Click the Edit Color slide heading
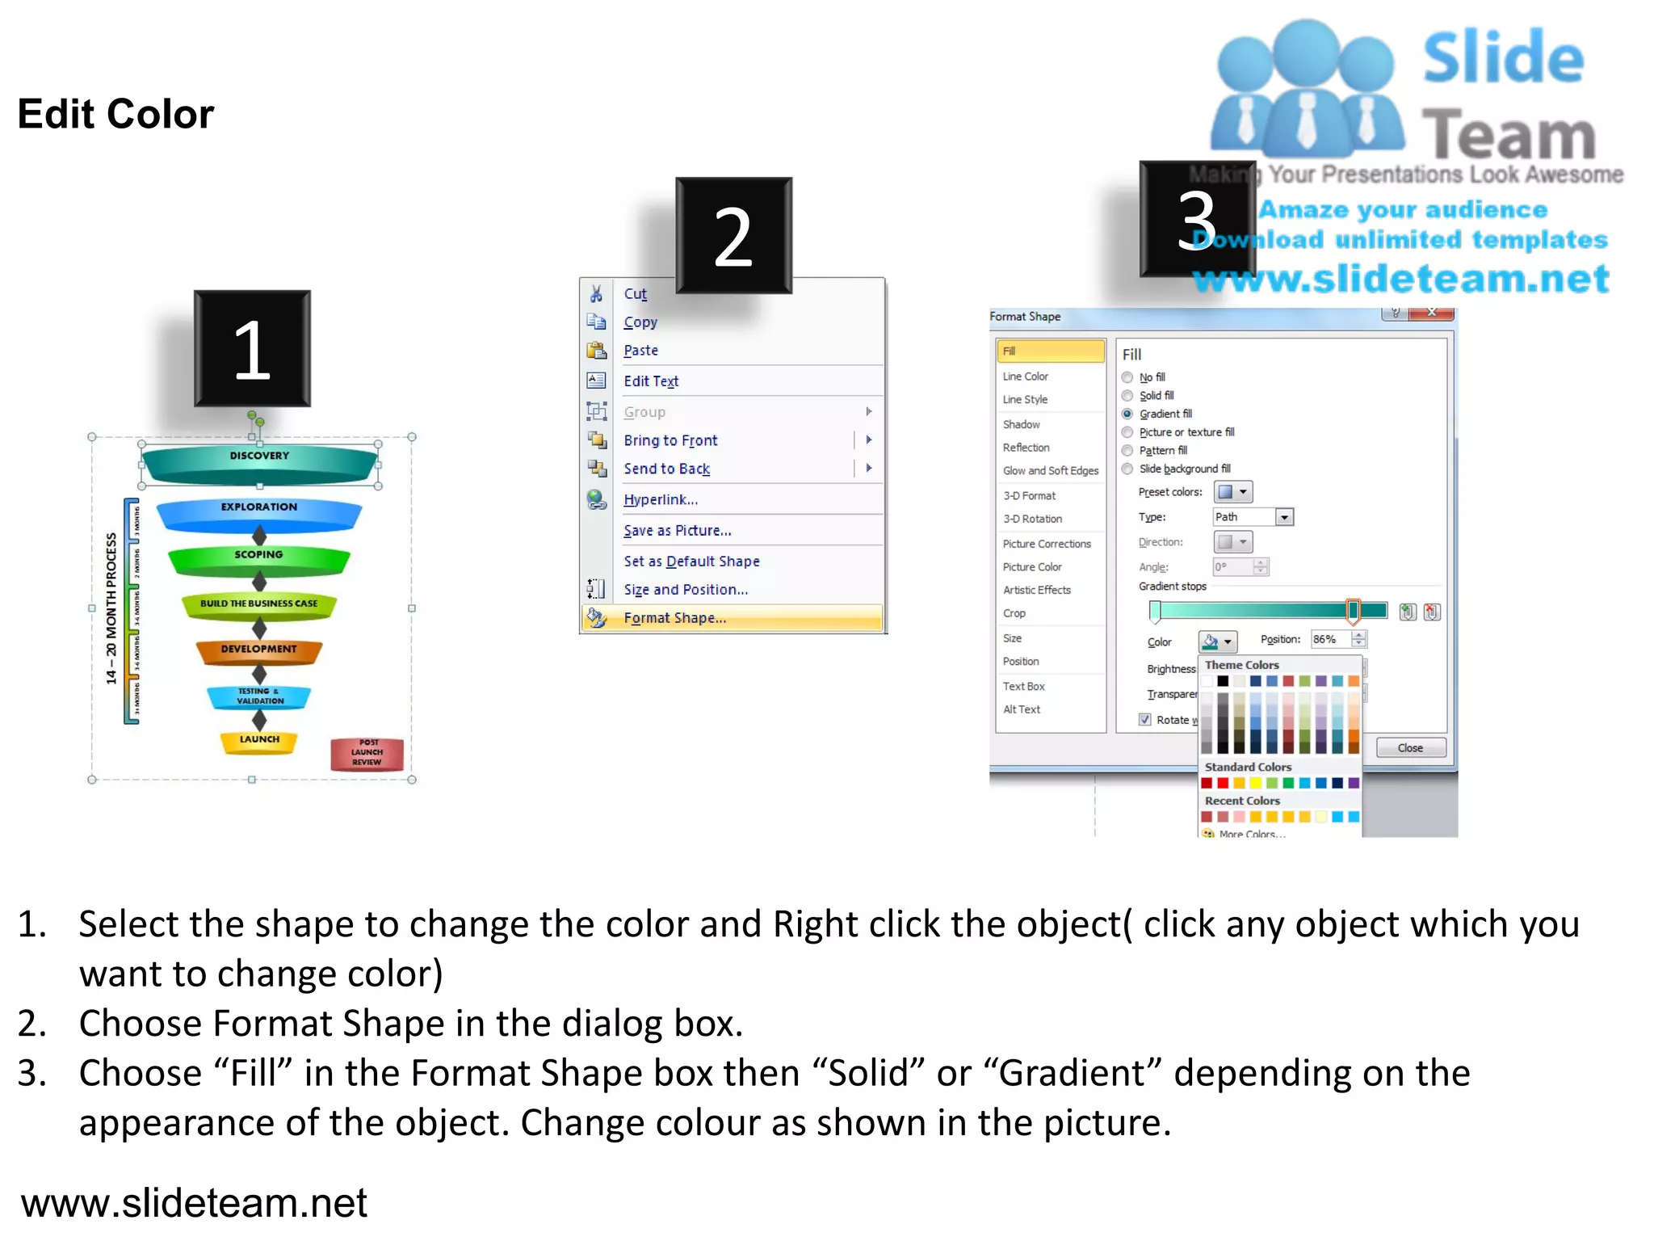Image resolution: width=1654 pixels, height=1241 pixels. point(115,114)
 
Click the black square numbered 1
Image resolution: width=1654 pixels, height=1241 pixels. point(252,349)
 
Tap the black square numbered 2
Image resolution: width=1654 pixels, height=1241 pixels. point(733,235)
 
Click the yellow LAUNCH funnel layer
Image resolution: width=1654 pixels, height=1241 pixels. point(259,741)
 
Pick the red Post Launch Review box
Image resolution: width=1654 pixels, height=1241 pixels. point(367,753)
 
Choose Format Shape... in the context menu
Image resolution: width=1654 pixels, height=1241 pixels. point(674,618)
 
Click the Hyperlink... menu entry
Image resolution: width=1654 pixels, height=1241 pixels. point(661,499)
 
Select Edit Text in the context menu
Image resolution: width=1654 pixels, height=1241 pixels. point(651,381)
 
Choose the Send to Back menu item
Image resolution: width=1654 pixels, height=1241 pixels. point(666,469)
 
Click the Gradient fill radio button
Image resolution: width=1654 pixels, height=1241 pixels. point(1127,414)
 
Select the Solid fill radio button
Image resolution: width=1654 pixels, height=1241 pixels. point(1127,396)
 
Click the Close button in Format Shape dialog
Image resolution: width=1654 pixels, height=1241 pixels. point(1410,748)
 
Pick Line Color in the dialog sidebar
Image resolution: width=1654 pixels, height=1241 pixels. point(1025,377)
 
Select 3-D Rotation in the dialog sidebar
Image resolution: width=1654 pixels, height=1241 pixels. point(1032,519)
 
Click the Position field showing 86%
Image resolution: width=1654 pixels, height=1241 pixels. point(1330,639)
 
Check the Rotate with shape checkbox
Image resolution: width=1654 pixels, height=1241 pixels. point(1144,719)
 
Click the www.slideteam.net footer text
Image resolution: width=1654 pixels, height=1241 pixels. point(194,1203)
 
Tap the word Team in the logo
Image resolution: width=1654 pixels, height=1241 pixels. point(1508,135)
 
